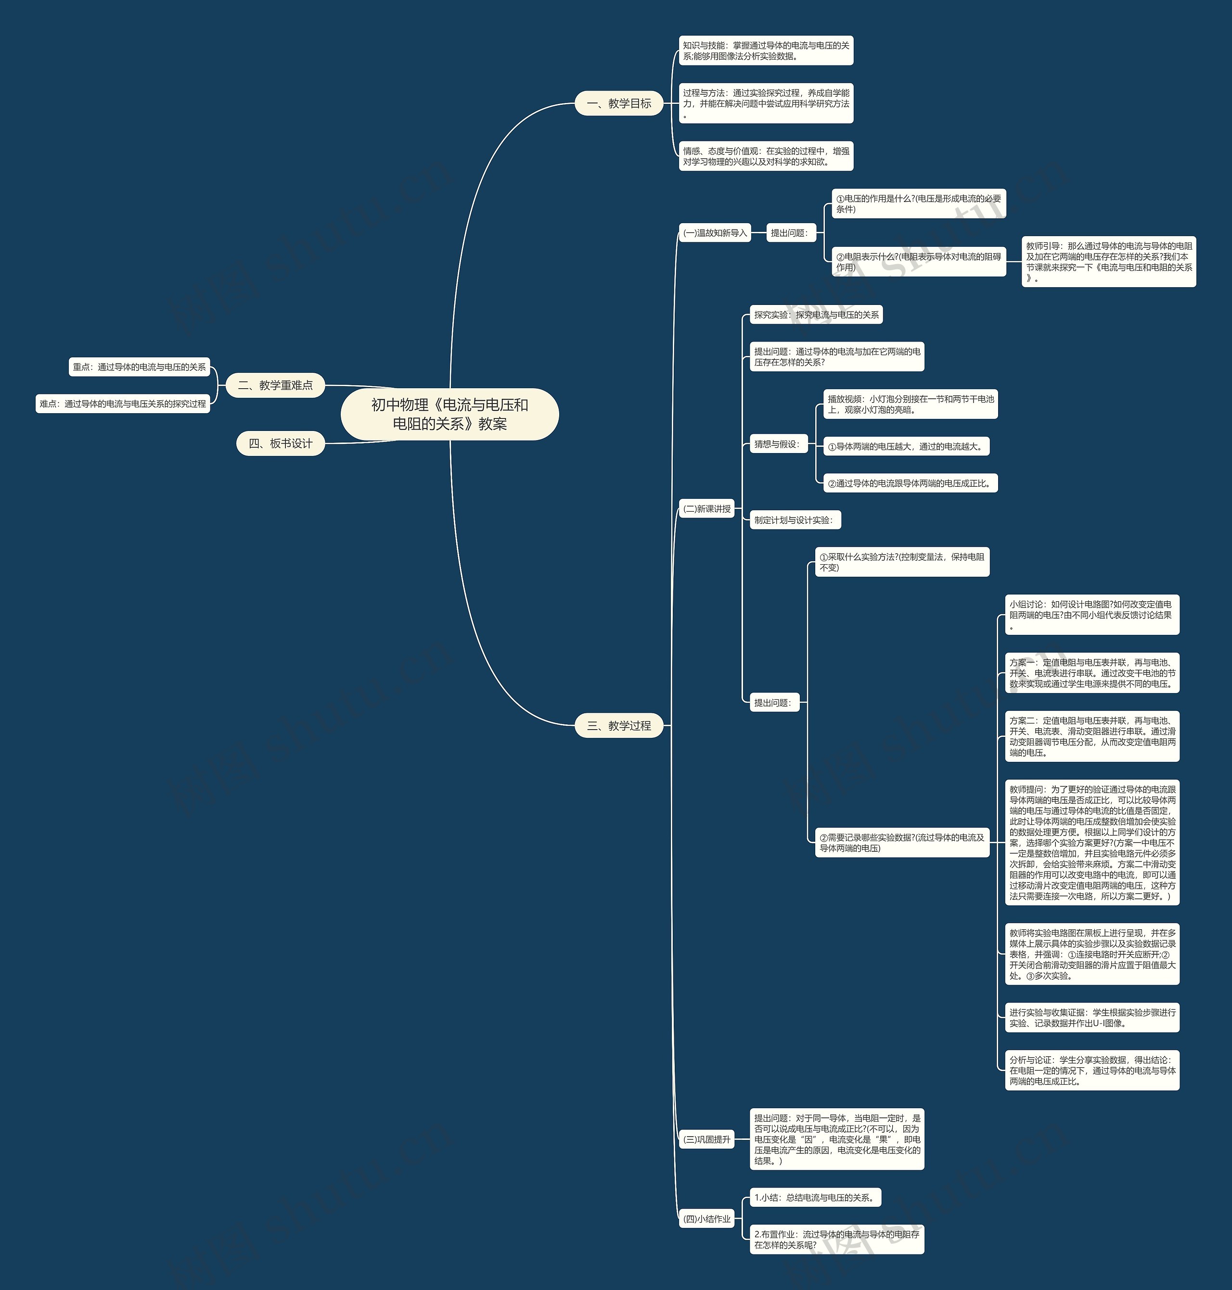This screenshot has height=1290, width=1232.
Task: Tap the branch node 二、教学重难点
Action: [275, 385]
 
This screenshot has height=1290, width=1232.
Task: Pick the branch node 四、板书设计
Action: [281, 444]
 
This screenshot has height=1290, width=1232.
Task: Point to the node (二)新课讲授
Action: [706, 509]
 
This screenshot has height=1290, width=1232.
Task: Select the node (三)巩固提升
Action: [706, 1139]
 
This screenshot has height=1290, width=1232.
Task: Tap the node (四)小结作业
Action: [706, 1219]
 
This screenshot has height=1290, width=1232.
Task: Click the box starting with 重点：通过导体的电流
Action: [139, 367]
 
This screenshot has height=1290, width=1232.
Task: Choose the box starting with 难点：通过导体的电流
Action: [123, 404]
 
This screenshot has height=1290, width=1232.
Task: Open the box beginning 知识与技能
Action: [766, 51]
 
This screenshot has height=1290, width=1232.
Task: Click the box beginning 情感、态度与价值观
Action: [766, 156]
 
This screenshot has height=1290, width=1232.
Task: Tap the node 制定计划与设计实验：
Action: [795, 520]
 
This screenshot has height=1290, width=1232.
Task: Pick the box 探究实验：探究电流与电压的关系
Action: [816, 315]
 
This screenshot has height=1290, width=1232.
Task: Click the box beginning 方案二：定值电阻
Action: [1092, 736]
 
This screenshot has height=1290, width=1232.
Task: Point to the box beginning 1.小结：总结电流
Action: [815, 1198]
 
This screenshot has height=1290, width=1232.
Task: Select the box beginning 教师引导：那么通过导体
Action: [1108, 261]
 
